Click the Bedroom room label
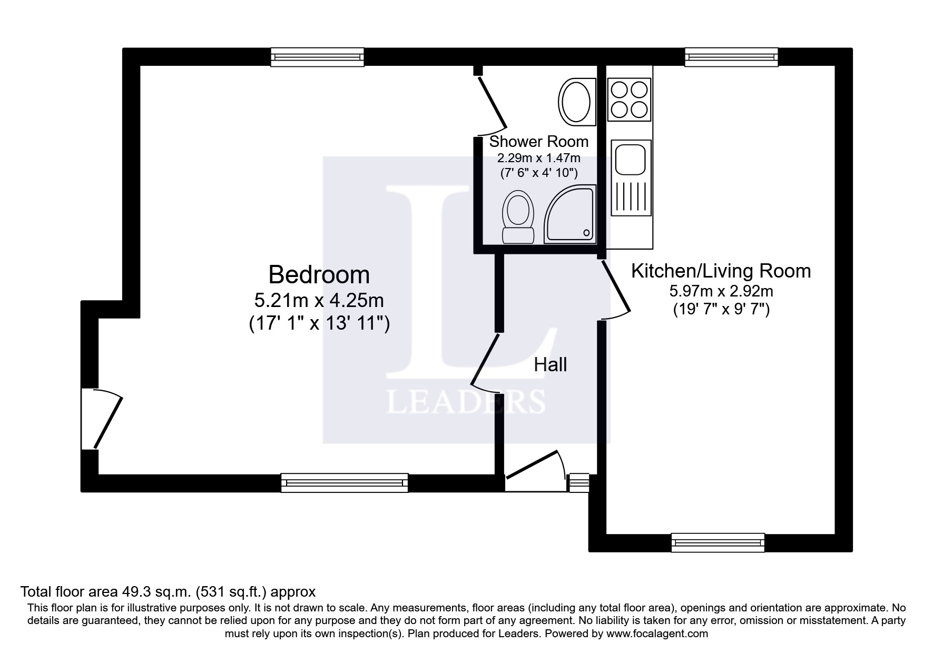[319, 275]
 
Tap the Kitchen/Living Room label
[721, 271]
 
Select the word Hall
[551, 364]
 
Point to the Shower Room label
[539, 141]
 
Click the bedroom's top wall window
[317, 57]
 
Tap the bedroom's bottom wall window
[345, 483]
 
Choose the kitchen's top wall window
[731, 57]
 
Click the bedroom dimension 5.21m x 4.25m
[319, 301]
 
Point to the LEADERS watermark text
[466, 402]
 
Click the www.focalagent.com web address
[657, 634]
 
